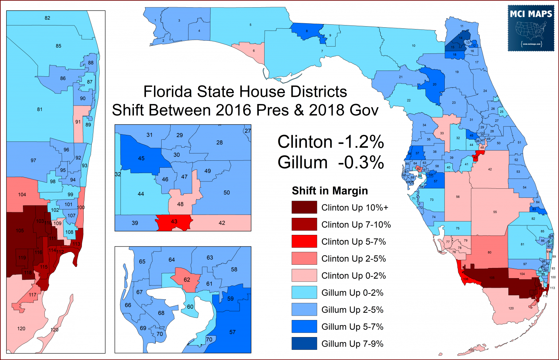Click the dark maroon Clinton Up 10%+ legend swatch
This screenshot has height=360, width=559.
coord(304,208)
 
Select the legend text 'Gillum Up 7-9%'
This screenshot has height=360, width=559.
coord(352,344)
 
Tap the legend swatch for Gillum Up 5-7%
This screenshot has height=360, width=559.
coord(304,327)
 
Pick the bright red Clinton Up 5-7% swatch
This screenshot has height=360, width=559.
coord(304,241)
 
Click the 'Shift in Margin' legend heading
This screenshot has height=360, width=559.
coord(330,191)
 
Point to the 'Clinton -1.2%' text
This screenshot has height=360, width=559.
coord(330,142)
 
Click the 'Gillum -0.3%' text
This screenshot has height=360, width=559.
coord(330,162)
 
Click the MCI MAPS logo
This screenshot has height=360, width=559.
coord(531,28)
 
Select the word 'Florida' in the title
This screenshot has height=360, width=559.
coord(168,92)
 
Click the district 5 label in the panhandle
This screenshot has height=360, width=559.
coord(250,25)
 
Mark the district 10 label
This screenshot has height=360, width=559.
coord(413,46)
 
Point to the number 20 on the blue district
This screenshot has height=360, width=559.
coord(435,84)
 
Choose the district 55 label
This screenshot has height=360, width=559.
coord(495,212)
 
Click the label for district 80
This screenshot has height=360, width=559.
coord(489,252)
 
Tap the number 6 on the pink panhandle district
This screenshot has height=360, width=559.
coord(254,51)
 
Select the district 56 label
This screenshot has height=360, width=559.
coord(458,197)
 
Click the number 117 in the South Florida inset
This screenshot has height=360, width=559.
coord(32,295)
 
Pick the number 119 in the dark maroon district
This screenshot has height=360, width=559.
coord(22,257)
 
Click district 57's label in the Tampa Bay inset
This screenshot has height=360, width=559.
coord(233,332)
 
